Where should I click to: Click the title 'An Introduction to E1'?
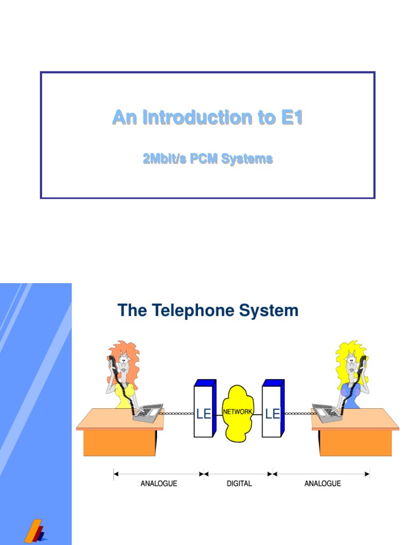(207, 118)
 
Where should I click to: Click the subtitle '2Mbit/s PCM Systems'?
(208, 159)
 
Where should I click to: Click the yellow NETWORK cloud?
(237, 412)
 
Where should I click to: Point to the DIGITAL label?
(239, 483)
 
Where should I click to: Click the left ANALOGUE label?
(159, 483)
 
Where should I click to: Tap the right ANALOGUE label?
(322, 483)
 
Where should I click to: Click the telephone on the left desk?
(148, 413)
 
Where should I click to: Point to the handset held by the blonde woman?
(363, 367)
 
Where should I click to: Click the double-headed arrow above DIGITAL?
(238, 473)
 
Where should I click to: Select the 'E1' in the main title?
(292, 118)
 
